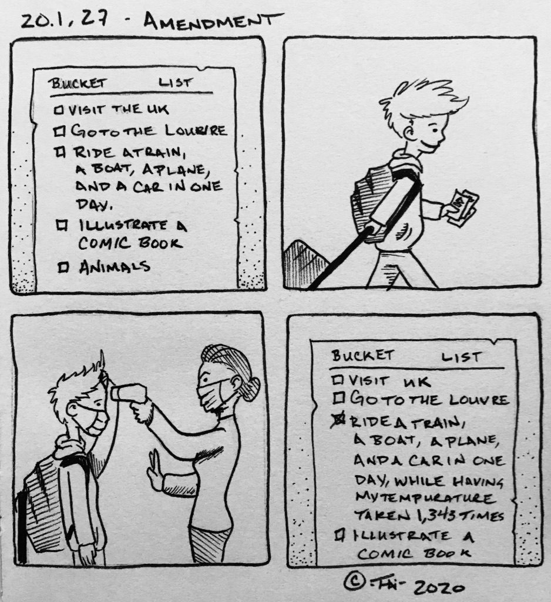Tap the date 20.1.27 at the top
click(64, 21)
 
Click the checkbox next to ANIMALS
click(63, 266)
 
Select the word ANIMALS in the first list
click(114, 266)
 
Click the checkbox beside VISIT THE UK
click(59, 111)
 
